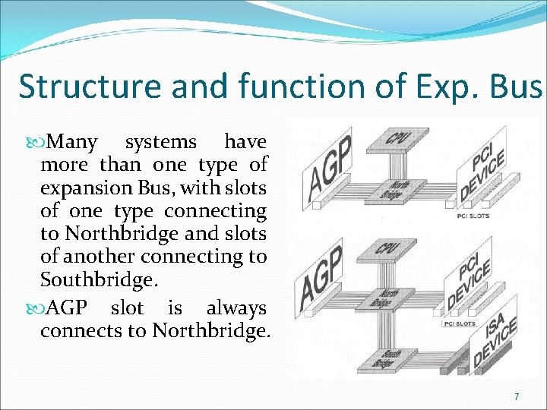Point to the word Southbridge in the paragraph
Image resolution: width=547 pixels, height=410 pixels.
click(x=99, y=279)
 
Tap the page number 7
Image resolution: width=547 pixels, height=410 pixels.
click(x=517, y=396)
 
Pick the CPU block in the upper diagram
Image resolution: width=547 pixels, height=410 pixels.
click(x=395, y=139)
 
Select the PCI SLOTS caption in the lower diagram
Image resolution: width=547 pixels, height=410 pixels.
click(x=460, y=323)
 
